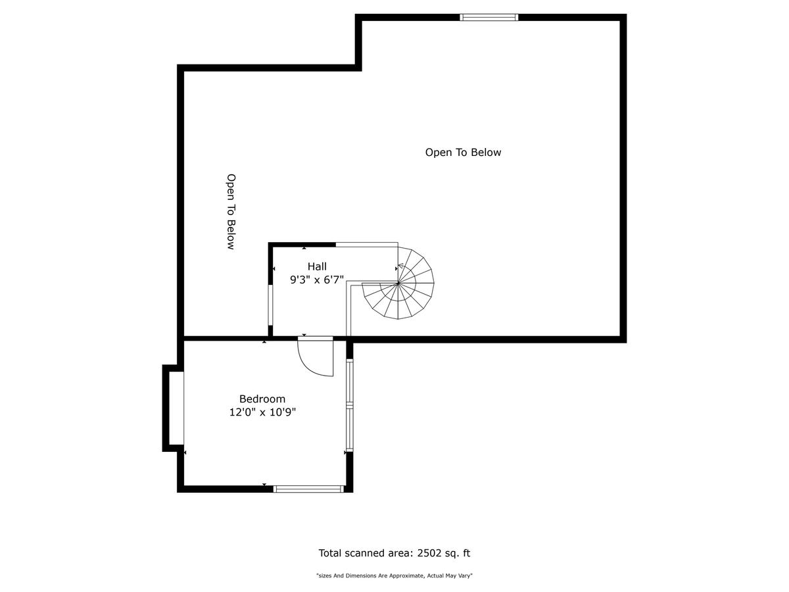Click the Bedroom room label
coord(262,399)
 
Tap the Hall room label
coord(317,266)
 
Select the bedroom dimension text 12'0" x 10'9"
coord(262,412)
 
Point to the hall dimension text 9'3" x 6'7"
coord(317,280)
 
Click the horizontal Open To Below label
coord(463,153)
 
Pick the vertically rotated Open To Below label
coord(231,212)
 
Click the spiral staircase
coord(398,284)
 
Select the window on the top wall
coord(489,17)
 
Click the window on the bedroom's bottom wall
coord(308,489)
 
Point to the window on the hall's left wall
coord(270,305)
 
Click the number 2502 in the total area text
coord(429,553)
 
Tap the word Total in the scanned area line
coord(330,553)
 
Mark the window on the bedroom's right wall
coord(349,405)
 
